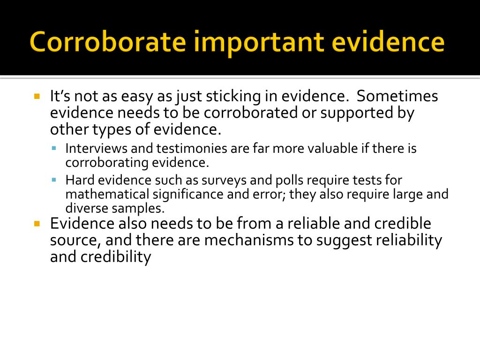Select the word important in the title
(x=259, y=43)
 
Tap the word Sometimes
(x=397, y=96)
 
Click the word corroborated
(x=250, y=112)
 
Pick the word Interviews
(x=97, y=149)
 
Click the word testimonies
(x=192, y=149)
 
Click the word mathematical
(x=107, y=194)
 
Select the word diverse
(x=87, y=208)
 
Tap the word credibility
(x=116, y=258)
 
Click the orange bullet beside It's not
(x=37, y=97)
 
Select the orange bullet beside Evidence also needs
(x=37, y=224)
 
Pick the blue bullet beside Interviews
(x=54, y=149)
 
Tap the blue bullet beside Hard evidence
(x=54, y=180)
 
